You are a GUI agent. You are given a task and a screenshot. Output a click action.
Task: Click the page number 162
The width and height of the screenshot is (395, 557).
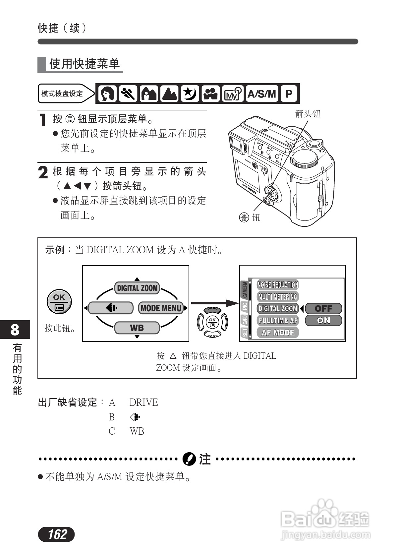pyautogui.click(x=57, y=534)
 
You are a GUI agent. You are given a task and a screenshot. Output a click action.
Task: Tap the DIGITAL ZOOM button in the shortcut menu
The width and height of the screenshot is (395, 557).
pyautogui.click(x=137, y=288)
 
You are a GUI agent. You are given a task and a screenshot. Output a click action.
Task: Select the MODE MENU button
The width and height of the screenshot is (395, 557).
pyautogui.click(x=161, y=308)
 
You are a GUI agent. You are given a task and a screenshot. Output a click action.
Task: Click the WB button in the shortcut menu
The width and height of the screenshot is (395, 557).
pyautogui.click(x=137, y=328)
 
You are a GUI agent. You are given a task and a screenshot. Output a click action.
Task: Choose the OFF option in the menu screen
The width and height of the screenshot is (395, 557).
pyautogui.click(x=323, y=309)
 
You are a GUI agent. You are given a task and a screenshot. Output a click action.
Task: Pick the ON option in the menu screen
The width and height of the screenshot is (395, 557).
pyautogui.click(x=323, y=320)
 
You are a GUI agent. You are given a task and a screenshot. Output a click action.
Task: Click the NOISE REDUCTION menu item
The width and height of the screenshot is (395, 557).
pyautogui.click(x=278, y=285)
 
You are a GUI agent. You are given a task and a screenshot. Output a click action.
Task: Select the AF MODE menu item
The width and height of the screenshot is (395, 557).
pyautogui.click(x=278, y=333)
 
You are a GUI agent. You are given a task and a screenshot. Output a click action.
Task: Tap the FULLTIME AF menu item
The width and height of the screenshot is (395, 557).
pyautogui.click(x=278, y=321)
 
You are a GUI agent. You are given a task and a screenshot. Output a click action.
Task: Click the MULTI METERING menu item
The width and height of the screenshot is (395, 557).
pyautogui.click(x=278, y=297)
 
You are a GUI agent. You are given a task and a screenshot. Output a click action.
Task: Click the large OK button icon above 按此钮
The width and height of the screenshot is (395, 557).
pyautogui.click(x=59, y=302)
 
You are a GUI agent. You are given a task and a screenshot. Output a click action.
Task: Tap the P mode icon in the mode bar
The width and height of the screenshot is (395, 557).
pyautogui.click(x=289, y=94)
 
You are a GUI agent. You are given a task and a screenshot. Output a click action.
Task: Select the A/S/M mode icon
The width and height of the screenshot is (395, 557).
pyautogui.click(x=262, y=94)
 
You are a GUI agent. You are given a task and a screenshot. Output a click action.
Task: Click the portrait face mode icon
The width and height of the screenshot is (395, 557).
pyautogui.click(x=107, y=94)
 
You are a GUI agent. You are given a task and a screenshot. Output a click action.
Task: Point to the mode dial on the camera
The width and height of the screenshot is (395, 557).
pyautogui.click(x=305, y=159)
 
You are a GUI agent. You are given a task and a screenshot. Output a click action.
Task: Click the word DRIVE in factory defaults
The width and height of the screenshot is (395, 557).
pyautogui.click(x=143, y=402)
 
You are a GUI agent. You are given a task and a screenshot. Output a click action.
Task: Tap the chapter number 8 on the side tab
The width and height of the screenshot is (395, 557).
pyautogui.click(x=15, y=330)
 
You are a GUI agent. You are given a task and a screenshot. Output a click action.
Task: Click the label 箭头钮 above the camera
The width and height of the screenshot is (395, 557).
pyautogui.click(x=308, y=114)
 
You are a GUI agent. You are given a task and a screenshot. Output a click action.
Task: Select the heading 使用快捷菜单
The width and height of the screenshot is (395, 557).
pyautogui.click(x=84, y=64)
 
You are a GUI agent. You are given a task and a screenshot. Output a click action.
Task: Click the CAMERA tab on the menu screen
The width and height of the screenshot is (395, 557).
pyautogui.click(x=245, y=289)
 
